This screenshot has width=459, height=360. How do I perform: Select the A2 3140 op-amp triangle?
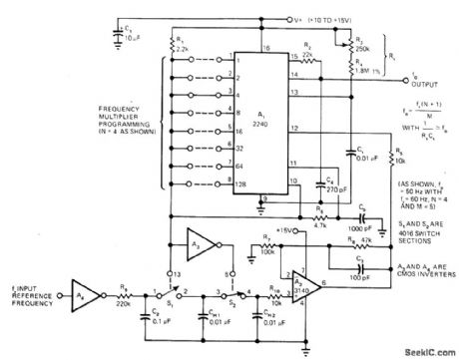pos(298,285)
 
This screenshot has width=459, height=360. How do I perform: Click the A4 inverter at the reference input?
pos(84,296)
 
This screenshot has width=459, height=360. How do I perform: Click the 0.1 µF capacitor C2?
pos(151,318)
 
